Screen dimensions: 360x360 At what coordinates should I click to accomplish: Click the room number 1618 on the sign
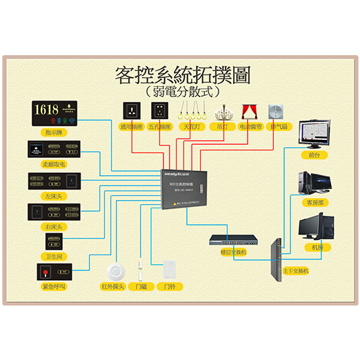pyautogui.click(x=46, y=109)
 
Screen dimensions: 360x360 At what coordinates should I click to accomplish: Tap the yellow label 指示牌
pyautogui.click(x=54, y=130)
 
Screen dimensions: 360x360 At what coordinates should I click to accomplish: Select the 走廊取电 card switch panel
pyautogui.click(x=54, y=150)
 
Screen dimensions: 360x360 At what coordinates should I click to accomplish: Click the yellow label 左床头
pyautogui.click(x=54, y=196)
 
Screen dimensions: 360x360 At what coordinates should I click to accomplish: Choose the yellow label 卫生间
pyautogui.click(x=54, y=255)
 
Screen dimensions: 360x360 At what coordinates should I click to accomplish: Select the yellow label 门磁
pyautogui.click(x=140, y=285)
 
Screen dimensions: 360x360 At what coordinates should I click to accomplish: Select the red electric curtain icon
pyautogui.click(x=248, y=111)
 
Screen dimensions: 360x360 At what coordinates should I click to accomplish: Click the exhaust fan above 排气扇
pyautogui.click(x=277, y=111)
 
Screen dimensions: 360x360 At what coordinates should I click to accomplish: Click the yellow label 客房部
pyautogui.click(x=314, y=202)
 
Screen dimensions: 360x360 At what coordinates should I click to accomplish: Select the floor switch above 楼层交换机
pyautogui.click(x=235, y=241)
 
